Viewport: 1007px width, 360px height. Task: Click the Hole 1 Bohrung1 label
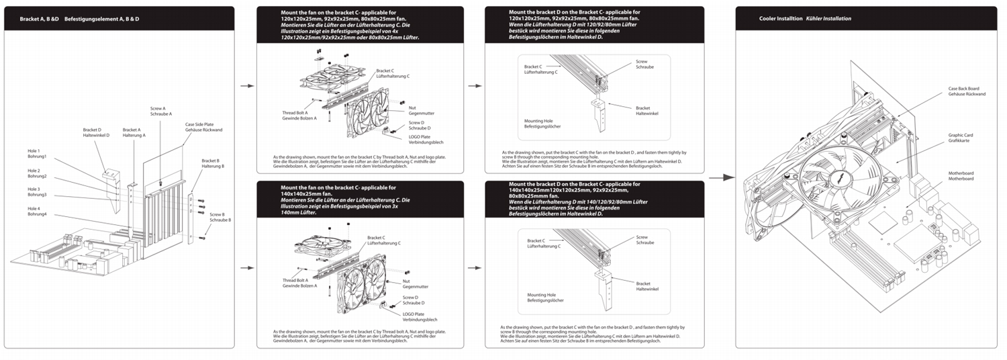37,154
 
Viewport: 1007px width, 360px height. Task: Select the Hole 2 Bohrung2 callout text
37,173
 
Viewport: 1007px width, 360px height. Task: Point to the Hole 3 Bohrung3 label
37,192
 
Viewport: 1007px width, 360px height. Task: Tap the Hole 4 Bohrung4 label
37,212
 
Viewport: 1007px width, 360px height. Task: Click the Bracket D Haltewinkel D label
93,132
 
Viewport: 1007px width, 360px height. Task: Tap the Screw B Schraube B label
220,217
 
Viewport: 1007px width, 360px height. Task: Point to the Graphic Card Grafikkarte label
961,138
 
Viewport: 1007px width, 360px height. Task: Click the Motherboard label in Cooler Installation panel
961,176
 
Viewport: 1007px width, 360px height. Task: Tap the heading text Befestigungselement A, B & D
102,19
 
